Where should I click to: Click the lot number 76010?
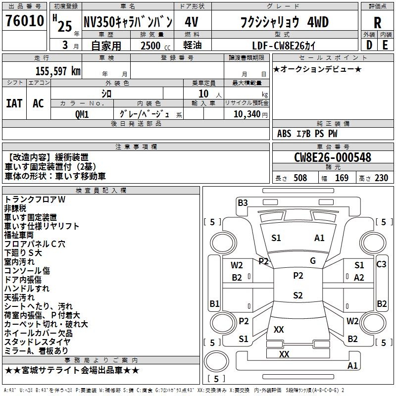(x=24, y=21)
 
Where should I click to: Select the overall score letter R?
(x=377, y=23)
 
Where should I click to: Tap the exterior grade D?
(x=369, y=44)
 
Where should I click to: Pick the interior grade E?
(x=385, y=44)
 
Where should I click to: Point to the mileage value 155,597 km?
(x=58, y=71)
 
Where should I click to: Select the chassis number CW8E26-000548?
(x=333, y=157)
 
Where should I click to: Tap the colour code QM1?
(x=82, y=114)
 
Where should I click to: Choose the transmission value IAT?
(x=14, y=103)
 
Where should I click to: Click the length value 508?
(x=300, y=178)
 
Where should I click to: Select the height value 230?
(x=381, y=178)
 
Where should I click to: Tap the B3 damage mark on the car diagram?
(x=243, y=202)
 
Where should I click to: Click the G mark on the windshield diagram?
(x=313, y=260)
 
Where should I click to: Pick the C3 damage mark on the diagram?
(x=381, y=264)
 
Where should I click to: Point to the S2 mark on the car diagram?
(x=297, y=296)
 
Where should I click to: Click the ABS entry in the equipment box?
(x=284, y=134)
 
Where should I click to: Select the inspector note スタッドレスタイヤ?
(x=37, y=342)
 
